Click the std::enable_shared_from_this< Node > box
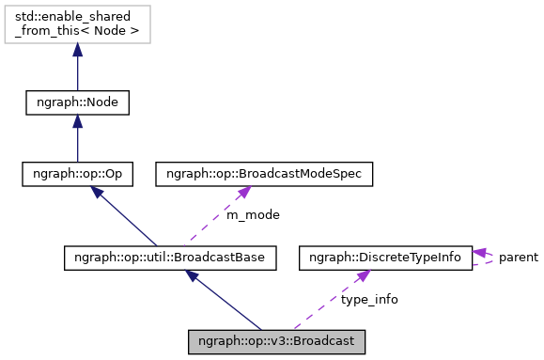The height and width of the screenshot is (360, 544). (x=77, y=24)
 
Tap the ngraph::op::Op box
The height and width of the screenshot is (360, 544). (x=77, y=174)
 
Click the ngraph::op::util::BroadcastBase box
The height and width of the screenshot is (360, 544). (x=170, y=257)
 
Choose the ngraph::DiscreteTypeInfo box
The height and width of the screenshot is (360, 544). (x=385, y=257)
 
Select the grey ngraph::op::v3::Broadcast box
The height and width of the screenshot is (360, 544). (x=275, y=340)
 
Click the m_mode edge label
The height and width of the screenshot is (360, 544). (x=253, y=215)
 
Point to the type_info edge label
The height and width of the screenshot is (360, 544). (x=368, y=299)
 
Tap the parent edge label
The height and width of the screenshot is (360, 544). (x=519, y=257)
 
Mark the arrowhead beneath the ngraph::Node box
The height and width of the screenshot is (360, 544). (x=77, y=122)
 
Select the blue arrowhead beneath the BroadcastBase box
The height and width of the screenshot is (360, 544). (x=193, y=275)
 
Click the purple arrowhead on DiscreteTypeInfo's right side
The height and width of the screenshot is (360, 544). (x=479, y=252)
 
